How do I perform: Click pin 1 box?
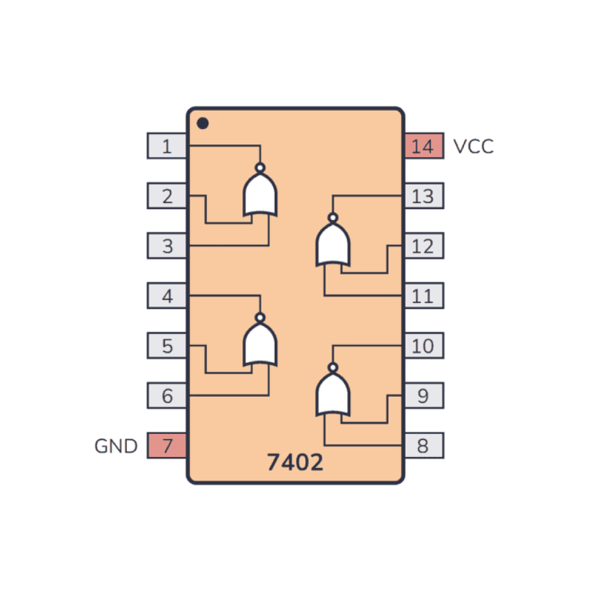coord(166,146)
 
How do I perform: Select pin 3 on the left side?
coord(166,246)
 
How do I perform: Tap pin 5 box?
coord(166,346)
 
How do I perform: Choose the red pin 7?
coord(166,445)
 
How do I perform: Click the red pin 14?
coord(424,146)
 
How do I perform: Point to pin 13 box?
coord(424,195)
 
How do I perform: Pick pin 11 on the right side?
coord(424,296)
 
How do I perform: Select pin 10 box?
coord(424,346)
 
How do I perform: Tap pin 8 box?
coord(424,445)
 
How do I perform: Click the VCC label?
coord(473,146)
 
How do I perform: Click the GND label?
coord(115,446)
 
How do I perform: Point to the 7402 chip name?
coord(295,462)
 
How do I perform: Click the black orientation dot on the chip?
coord(203,123)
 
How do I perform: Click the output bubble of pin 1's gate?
coord(260,168)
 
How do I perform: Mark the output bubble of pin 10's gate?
coord(333,368)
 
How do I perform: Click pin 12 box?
coord(424,246)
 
